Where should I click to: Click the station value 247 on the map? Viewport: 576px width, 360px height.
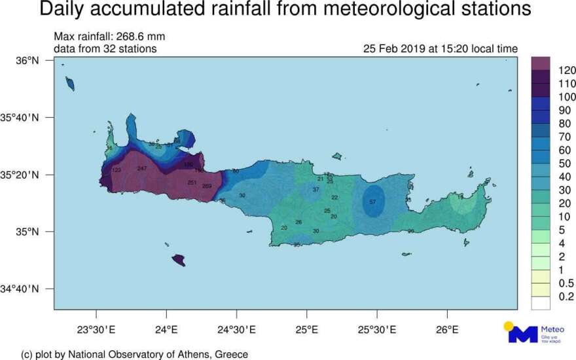pos(142,169)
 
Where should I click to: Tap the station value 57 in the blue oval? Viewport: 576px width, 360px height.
pos(372,202)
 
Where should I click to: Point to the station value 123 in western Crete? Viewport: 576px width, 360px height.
pos(117,171)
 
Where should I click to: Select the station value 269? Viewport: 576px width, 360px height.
pos(207,187)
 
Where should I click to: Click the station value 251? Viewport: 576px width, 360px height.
pos(192,182)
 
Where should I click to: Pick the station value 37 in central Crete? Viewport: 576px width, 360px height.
pos(315,190)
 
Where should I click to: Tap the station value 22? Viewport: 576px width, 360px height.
pos(334,197)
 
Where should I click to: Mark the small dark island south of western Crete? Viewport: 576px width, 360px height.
pos(178,261)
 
